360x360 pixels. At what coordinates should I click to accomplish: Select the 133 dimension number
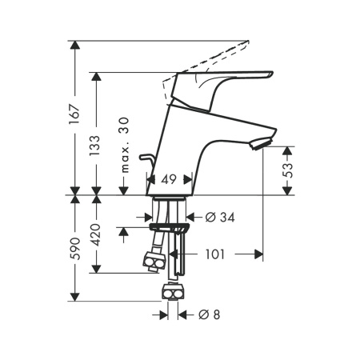[x=95, y=146]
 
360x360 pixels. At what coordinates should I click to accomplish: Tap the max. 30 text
[x=124, y=145]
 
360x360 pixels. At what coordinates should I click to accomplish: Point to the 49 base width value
[x=169, y=179]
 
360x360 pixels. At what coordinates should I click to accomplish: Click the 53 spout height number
[x=288, y=170]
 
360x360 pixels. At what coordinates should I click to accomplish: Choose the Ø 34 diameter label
[x=220, y=218]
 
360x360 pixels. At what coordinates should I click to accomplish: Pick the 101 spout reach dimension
[x=215, y=254]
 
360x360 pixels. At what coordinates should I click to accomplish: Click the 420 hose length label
[x=95, y=234]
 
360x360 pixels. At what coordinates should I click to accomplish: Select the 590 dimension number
[x=74, y=249]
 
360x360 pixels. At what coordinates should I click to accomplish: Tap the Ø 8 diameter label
[x=210, y=315]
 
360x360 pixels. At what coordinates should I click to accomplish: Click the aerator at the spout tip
[x=260, y=143]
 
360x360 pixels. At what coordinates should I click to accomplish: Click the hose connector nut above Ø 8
[x=173, y=292]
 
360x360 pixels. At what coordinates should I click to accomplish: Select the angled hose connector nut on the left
[x=154, y=262]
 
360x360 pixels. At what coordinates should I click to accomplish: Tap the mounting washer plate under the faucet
[x=169, y=228]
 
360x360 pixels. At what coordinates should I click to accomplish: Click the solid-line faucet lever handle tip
[x=271, y=74]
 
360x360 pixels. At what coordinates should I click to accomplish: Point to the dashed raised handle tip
[x=247, y=42]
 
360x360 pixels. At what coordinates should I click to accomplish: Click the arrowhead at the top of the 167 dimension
[x=74, y=45]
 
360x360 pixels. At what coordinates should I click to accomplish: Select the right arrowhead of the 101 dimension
[x=258, y=254]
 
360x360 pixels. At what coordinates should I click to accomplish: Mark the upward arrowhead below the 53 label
[x=287, y=151]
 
